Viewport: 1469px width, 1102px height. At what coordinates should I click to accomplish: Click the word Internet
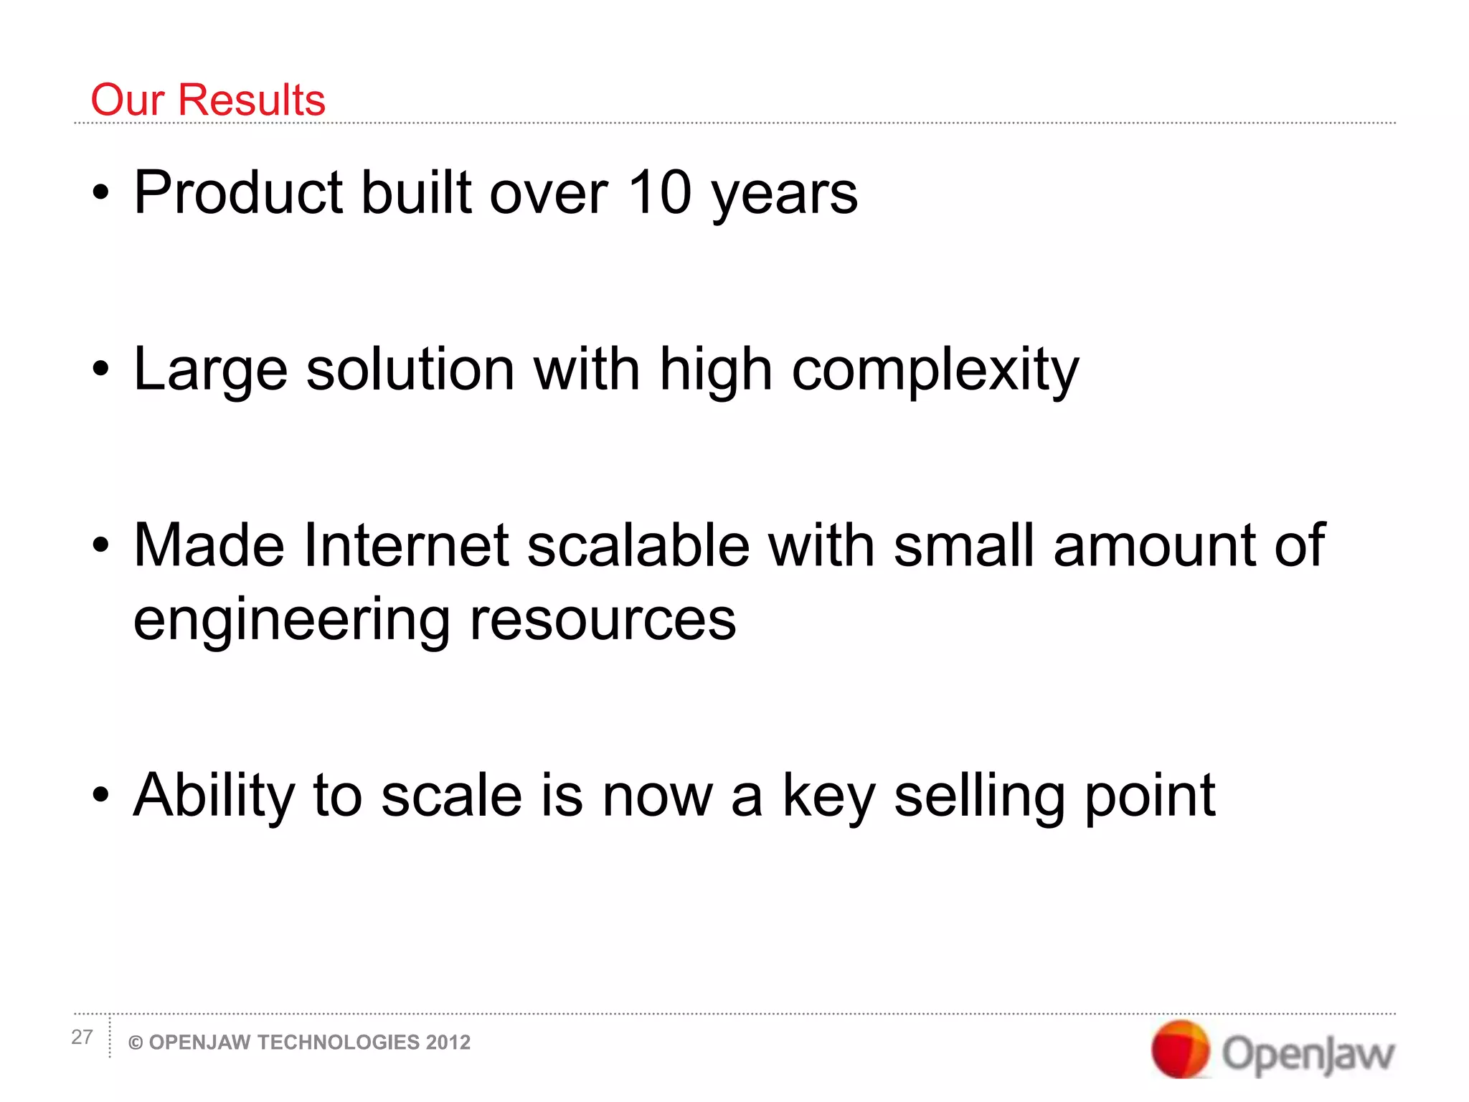tap(406, 545)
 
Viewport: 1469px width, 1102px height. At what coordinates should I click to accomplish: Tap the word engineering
tap(291, 621)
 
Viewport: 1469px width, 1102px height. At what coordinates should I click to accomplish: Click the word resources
tap(603, 620)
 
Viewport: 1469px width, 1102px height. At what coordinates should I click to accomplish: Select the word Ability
tap(214, 796)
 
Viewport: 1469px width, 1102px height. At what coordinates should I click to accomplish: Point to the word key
tap(828, 798)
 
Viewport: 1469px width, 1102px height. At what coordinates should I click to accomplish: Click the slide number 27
tap(82, 1037)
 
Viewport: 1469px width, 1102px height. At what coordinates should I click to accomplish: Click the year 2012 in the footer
tap(448, 1042)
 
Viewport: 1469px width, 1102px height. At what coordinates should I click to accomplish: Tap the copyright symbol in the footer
tap(135, 1043)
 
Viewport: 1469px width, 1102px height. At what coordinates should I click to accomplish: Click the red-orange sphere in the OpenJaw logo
tap(1180, 1050)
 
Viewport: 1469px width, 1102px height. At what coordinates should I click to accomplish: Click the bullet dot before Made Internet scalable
tap(101, 546)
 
